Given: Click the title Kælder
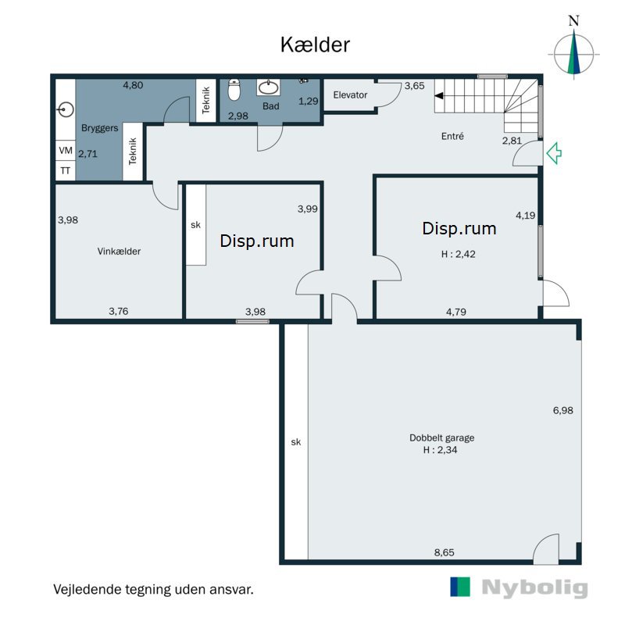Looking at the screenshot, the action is pos(315,45).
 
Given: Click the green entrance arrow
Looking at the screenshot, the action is pos(554,153).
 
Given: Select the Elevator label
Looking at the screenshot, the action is pos(350,95).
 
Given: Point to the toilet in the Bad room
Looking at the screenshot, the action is pos(234,90).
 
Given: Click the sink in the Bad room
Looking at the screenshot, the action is pos(268,87).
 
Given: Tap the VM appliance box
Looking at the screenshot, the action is pos(66,150).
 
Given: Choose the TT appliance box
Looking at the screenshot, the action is pos(66,170).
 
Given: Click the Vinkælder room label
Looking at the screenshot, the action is pos(119,251).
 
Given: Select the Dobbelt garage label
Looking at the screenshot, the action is pos(441,437).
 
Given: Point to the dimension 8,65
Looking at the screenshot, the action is pos(444,552).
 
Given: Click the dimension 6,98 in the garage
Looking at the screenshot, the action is pos(562,410).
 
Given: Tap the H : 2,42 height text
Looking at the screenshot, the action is pos(459,254).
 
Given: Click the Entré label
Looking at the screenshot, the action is pos(452,136).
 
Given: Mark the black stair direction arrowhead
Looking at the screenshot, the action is pos(439,95).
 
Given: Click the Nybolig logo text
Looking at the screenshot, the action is pos(534,587).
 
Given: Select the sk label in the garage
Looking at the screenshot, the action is pos(296,441).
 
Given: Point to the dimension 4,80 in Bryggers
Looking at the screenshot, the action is pos(133,85).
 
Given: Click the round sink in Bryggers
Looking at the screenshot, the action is pos(66,109).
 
